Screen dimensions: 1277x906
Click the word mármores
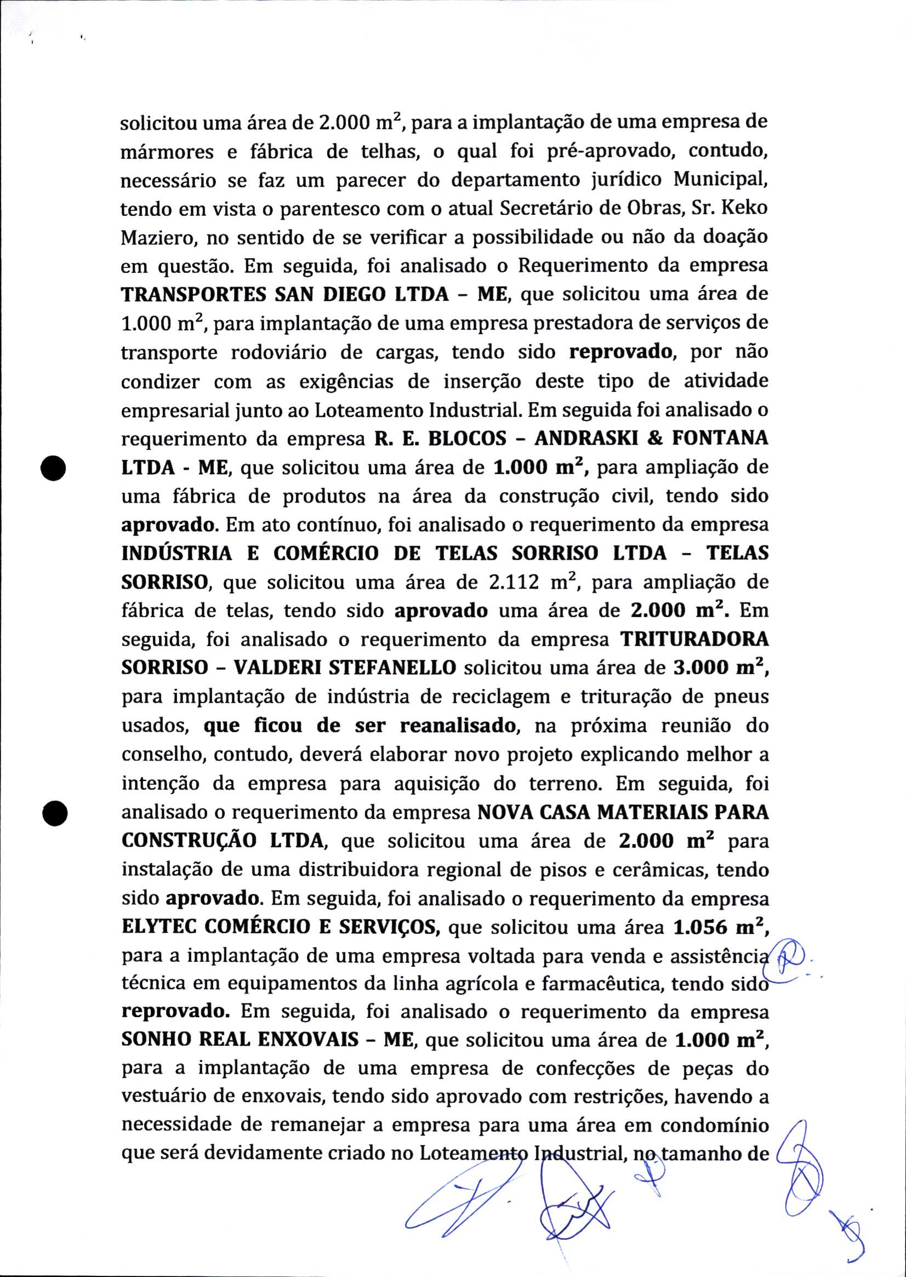tap(167, 152)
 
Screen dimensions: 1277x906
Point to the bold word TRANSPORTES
tap(193, 294)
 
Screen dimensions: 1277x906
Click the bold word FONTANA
tap(719, 438)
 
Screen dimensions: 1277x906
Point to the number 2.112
tap(513, 583)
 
